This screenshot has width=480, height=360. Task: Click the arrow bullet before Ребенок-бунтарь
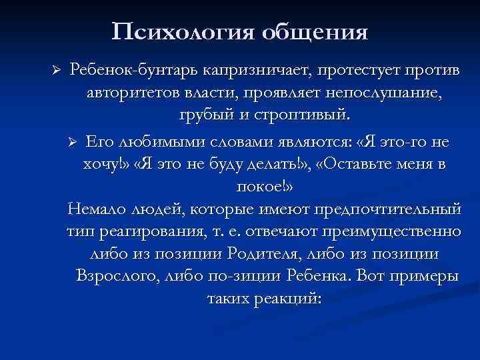click(x=57, y=71)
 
